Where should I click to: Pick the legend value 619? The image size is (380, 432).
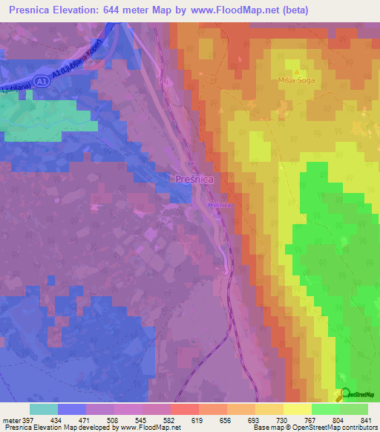[x=198, y=420]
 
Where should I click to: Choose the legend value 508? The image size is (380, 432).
[x=114, y=420]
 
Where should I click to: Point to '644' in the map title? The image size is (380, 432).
[x=120, y=10]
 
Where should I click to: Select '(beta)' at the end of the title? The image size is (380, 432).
[x=294, y=10]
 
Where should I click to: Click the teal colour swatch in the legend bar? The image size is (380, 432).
[x=44, y=409]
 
